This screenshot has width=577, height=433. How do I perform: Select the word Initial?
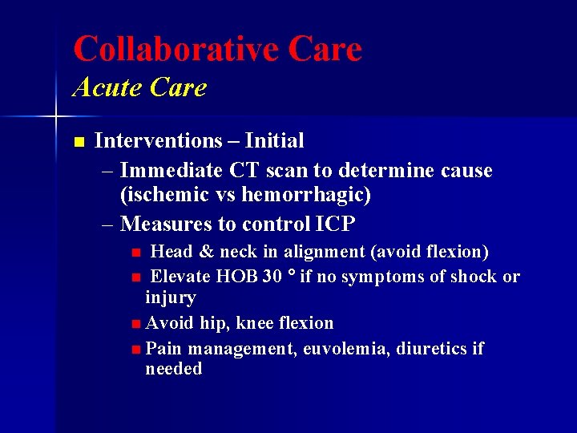point(274,141)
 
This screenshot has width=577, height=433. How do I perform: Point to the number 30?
point(272,277)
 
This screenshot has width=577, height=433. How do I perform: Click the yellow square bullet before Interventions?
point(78,142)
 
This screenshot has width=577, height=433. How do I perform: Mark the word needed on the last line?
point(173,370)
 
